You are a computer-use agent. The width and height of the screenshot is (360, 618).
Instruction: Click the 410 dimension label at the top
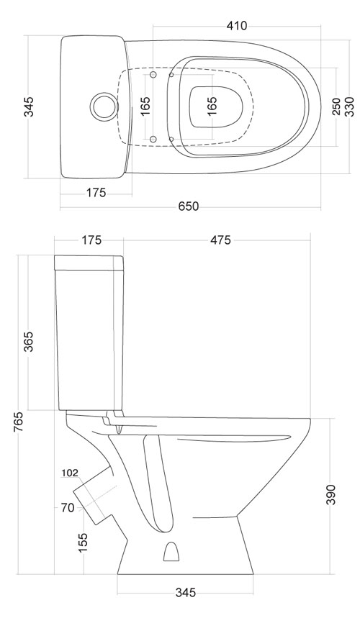pos(237,26)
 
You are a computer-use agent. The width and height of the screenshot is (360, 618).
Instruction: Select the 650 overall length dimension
pos(189,206)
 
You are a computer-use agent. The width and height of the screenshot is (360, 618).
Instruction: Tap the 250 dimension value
pos(336,106)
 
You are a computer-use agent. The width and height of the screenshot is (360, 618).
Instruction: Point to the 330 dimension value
pos(350,106)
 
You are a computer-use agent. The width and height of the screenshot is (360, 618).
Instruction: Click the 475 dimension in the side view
pos(220,240)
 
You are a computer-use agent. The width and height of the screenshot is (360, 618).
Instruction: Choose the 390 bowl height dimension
pos(330,494)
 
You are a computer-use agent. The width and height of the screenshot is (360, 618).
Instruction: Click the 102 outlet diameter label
pos(70,473)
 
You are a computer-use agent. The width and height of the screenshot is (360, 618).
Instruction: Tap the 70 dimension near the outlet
pos(68,508)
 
